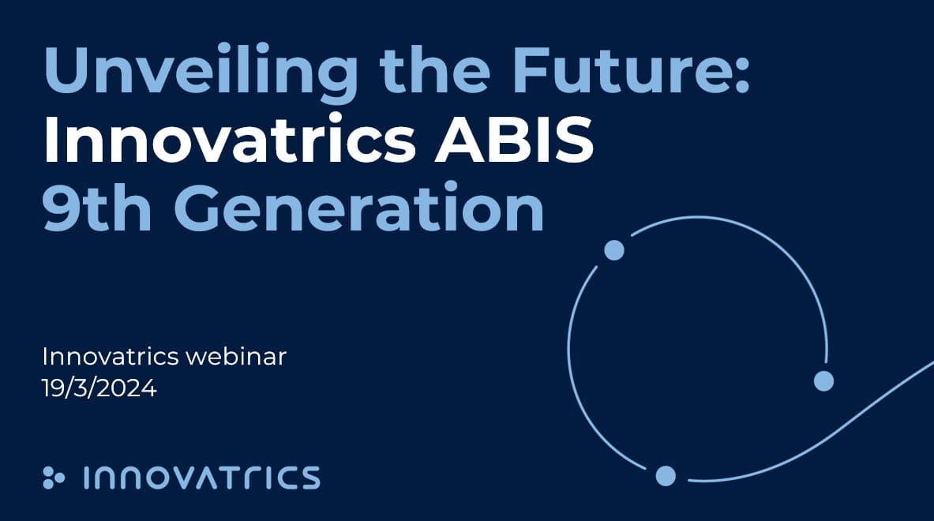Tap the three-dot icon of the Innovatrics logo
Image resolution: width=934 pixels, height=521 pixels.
54,477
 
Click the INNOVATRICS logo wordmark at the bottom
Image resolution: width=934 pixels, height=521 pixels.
201,478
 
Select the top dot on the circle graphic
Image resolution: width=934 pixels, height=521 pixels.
614,250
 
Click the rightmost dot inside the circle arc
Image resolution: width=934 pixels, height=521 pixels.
823,381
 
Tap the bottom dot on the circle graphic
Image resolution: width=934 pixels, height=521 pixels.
666,476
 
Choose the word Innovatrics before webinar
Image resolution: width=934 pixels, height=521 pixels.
110,357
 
